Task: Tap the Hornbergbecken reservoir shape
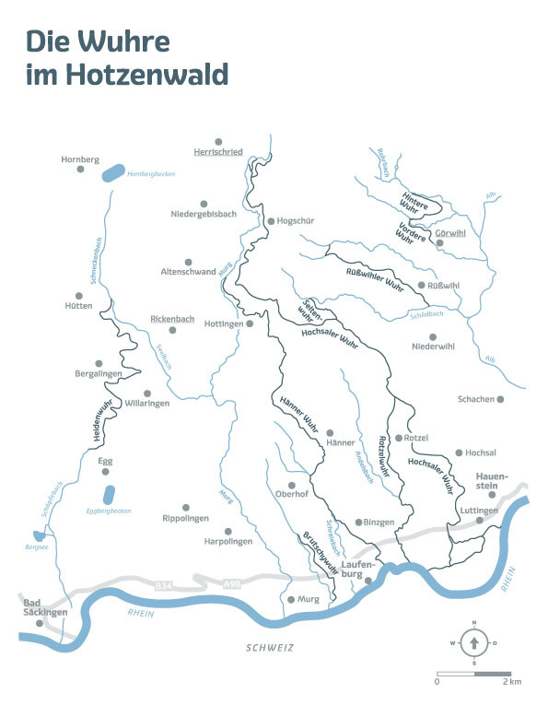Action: tap(111, 172)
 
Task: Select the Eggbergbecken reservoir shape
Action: tap(110, 495)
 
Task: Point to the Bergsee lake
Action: tap(36, 535)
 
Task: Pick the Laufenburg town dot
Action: tap(367, 581)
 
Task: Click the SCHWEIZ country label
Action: tap(269, 649)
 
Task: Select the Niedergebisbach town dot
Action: tap(204, 204)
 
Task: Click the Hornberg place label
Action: tap(79, 159)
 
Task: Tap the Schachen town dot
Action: tap(502, 399)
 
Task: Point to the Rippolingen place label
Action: tap(186, 519)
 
